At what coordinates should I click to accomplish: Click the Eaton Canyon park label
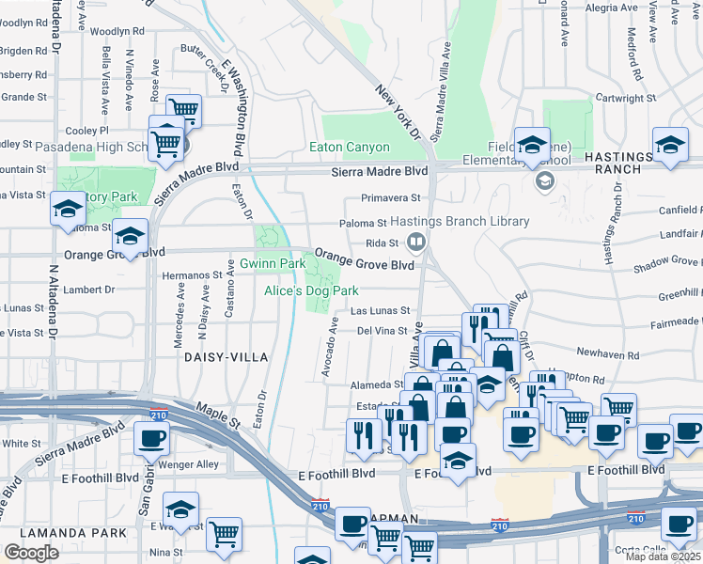pos(349,148)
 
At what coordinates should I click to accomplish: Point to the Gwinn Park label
pos(272,264)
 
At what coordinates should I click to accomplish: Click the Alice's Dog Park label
pos(311,291)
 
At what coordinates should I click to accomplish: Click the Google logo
pos(31,553)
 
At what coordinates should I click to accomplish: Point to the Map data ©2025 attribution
pos(662,556)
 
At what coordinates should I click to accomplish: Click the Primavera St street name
pos(391,198)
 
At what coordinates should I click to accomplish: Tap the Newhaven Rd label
pos(608,356)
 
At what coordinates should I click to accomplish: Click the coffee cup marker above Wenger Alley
pos(151,436)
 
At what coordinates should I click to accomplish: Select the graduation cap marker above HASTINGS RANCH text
pos(670,146)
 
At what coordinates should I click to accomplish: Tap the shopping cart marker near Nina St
pos(224,533)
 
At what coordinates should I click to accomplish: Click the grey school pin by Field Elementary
pos(543,180)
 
